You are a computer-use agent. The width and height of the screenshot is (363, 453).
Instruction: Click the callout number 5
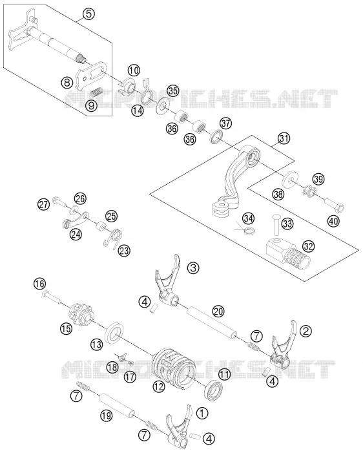88,14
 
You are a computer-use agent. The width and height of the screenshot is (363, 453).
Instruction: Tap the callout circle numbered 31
284,138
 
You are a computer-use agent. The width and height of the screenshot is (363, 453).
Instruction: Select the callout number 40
333,221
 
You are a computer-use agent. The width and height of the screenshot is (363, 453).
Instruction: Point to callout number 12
159,386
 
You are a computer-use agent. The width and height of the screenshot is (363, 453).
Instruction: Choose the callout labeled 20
218,311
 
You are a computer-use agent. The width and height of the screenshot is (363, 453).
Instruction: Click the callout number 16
39,284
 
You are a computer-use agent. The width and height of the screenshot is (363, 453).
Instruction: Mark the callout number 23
124,250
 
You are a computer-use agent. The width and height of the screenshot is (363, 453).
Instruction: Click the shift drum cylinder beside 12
174,365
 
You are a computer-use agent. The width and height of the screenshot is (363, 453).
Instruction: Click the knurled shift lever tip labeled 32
288,256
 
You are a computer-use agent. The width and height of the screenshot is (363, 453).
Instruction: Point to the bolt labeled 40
335,205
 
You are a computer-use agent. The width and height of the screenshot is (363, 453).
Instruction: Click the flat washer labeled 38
290,179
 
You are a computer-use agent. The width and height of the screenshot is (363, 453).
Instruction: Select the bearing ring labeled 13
116,333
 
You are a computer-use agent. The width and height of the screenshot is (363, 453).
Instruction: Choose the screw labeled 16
51,297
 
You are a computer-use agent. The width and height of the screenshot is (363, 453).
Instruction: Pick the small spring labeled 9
95,92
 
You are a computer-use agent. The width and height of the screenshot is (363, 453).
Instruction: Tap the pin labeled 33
275,224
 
